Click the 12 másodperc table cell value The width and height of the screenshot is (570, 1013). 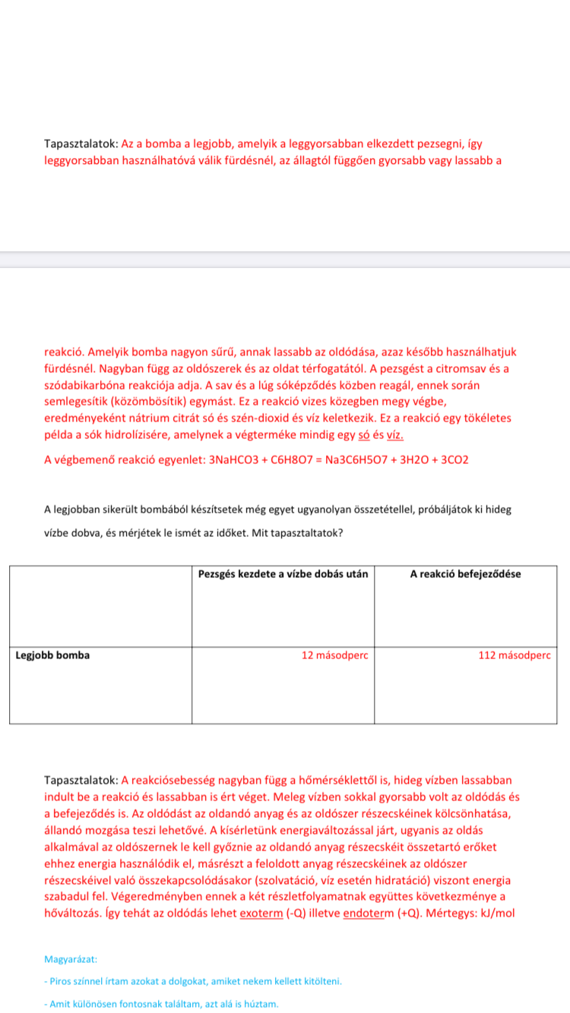click(334, 655)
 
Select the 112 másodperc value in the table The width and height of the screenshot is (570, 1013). click(514, 655)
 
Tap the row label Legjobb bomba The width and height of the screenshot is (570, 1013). click(52, 655)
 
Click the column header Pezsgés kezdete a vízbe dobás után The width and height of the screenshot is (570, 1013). click(283, 574)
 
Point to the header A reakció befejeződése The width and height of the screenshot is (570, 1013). click(465, 574)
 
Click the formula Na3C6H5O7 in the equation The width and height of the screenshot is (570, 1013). click(356, 460)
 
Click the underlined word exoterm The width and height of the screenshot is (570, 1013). click(261, 913)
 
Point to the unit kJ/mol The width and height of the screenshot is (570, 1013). click(496, 913)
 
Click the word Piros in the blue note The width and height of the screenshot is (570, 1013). click(64, 981)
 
